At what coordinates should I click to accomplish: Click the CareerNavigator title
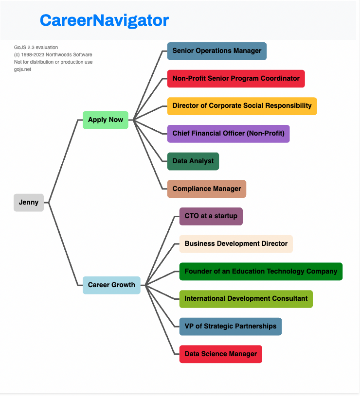pos(104,20)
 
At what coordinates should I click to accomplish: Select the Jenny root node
pos(29,203)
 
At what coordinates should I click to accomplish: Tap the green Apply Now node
pos(106,120)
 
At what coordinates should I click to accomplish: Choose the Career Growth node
pos(111,285)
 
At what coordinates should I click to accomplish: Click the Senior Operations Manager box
pos(216,51)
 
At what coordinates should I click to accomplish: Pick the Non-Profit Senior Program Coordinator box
pos(236,79)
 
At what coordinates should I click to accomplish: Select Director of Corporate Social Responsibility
pos(242,106)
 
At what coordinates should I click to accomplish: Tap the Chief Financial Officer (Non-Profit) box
pos(228,134)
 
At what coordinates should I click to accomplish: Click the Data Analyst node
pos(193,161)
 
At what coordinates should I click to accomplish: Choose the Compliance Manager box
pos(207,189)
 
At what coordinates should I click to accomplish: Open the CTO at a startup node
pos(211,216)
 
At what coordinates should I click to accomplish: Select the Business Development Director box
pos(236,244)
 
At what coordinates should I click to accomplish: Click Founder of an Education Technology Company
pos(261,272)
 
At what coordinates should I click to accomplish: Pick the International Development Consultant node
pos(246,299)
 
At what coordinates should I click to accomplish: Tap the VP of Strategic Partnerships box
pos(230,327)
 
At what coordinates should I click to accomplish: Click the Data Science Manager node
pos(220,354)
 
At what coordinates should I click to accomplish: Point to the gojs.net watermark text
pos(22,69)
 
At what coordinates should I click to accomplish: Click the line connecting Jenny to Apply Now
pos(63,160)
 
